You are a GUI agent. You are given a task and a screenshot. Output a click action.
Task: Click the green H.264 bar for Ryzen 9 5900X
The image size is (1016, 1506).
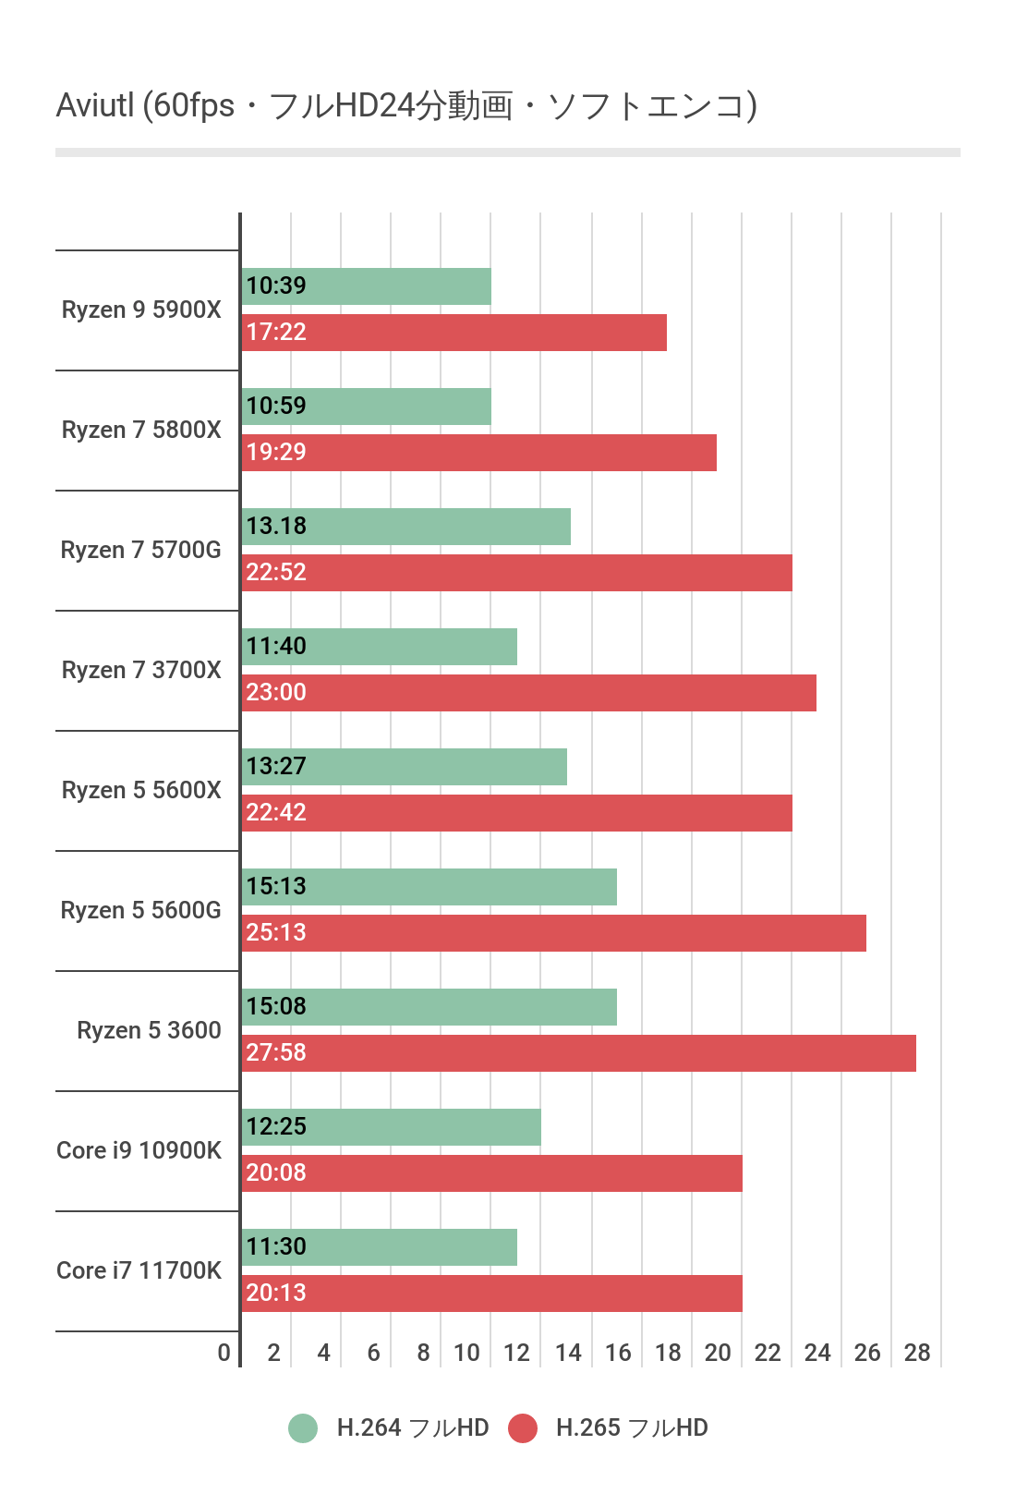click(388, 286)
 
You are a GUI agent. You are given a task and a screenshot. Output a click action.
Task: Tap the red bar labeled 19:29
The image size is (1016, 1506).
click(508, 453)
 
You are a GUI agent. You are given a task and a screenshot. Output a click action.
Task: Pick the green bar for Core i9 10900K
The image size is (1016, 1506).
click(416, 1127)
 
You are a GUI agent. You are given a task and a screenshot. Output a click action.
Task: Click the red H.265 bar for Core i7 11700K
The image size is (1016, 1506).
click(517, 1293)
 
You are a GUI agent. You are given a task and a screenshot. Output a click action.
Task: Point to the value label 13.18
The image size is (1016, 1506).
click(276, 526)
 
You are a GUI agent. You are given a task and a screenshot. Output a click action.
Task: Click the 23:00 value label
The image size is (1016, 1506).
click(276, 692)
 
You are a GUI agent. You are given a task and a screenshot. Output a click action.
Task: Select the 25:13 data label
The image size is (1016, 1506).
click(276, 932)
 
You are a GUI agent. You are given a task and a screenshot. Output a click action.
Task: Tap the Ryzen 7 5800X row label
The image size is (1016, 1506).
click(141, 430)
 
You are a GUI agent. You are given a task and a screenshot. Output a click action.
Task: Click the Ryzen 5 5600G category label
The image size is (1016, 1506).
click(140, 910)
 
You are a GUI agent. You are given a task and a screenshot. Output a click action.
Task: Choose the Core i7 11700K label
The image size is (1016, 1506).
click(139, 1270)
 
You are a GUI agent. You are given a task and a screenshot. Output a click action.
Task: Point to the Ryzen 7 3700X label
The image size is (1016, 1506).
click(141, 670)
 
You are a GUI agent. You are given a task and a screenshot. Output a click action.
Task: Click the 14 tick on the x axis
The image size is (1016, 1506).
click(568, 1353)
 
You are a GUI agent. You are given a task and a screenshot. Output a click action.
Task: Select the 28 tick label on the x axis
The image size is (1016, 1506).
click(917, 1353)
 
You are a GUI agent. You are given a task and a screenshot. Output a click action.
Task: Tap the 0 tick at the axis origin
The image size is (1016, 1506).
click(224, 1353)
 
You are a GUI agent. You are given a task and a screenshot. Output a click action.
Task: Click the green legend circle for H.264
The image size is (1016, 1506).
click(303, 1427)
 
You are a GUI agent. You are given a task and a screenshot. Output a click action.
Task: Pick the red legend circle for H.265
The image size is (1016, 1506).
click(523, 1427)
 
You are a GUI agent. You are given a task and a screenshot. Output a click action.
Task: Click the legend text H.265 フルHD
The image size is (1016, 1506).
click(632, 1427)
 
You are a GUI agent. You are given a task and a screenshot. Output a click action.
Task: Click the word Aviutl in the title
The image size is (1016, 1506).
click(95, 105)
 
